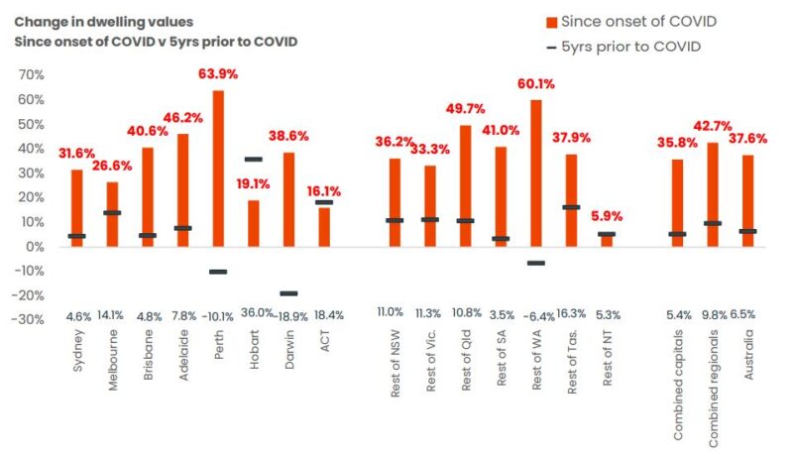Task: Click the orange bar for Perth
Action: pos(218,169)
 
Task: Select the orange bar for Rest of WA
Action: pos(536,172)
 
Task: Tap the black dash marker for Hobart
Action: pos(253,159)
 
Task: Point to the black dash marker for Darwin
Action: pos(288,292)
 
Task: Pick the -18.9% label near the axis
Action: pos(288,316)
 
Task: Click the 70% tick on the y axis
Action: pos(29,75)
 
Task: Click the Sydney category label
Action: pos(78,351)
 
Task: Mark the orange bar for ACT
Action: pos(324,226)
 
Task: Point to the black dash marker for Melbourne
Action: pos(112,212)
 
